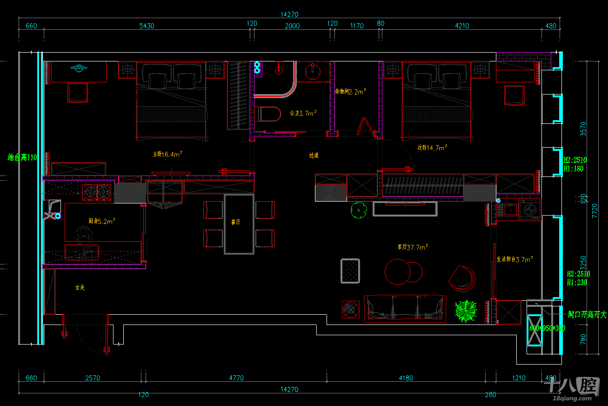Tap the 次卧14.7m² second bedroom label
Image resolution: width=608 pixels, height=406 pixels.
[432, 147]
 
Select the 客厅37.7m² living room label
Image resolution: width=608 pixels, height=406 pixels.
[413, 247]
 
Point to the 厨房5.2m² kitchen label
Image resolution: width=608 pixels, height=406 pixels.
[102, 221]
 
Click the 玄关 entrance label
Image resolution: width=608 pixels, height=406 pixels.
[80, 288]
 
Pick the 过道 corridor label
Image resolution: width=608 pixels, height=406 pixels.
[314, 155]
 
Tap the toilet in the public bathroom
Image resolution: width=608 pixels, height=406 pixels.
[268, 115]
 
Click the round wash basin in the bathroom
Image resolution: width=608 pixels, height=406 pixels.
[312, 72]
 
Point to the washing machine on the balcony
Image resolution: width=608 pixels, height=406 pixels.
[529, 210]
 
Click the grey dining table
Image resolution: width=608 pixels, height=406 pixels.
[239, 224]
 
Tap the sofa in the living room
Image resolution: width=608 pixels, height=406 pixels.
[405, 308]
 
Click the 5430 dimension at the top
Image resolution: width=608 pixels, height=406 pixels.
[147, 26]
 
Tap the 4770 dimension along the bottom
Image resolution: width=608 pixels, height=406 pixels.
[236, 378]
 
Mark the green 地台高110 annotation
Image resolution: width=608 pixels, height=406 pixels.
[22, 157]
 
